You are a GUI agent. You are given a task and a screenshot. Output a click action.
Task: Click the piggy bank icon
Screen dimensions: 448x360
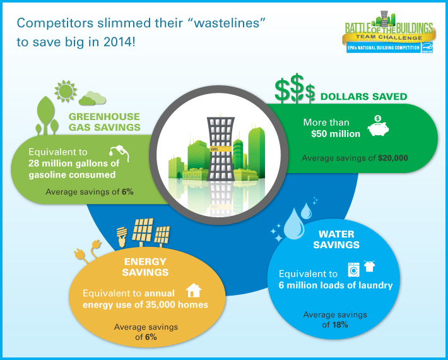click(x=379, y=126)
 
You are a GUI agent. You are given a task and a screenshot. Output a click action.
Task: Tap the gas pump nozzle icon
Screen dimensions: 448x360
click(x=119, y=153)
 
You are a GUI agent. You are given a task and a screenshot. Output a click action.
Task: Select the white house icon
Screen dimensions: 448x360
click(x=194, y=291)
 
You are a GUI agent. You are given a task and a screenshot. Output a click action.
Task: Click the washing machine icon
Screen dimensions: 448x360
click(x=354, y=270)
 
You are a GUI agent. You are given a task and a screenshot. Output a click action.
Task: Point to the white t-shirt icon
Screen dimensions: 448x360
click(x=369, y=266)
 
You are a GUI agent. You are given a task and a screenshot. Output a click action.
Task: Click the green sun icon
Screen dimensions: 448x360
click(x=66, y=91)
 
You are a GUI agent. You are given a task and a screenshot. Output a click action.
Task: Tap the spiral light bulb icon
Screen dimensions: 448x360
click(x=122, y=237)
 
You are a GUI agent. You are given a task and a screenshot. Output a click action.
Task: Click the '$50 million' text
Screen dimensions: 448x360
click(x=336, y=134)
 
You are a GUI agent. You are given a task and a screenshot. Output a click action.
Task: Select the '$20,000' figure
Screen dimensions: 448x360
click(x=393, y=158)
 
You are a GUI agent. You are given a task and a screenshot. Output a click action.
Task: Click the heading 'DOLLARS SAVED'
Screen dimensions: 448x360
click(x=363, y=97)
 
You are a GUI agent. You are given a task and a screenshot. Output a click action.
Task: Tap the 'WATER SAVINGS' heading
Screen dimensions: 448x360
click(x=336, y=239)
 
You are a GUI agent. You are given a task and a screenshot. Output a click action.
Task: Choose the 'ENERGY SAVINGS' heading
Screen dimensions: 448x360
click(x=145, y=267)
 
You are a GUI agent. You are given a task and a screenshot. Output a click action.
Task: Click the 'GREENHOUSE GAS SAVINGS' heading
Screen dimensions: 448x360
click(x=104, y=122)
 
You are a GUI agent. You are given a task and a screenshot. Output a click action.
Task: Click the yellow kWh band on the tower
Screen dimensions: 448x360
click(x=221, y=149)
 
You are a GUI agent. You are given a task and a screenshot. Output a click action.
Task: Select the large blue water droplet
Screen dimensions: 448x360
click(x=294, y=224)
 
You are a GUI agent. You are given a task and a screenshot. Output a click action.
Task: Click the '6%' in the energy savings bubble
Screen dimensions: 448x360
click(x=151, y=337)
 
